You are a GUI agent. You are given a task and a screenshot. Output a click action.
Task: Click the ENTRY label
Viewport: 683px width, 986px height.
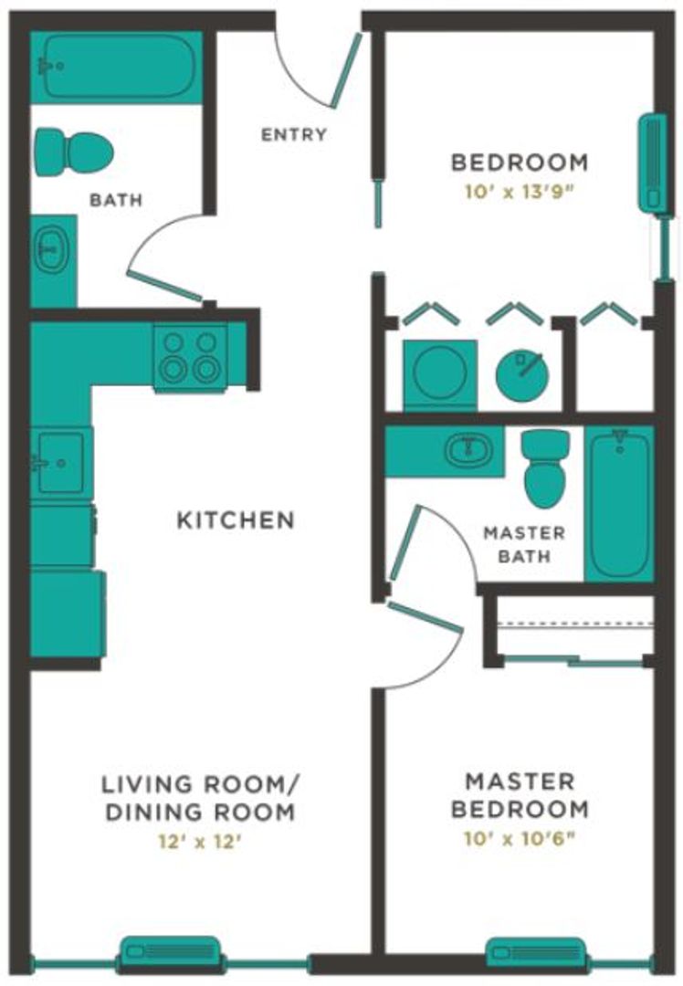point(293,135)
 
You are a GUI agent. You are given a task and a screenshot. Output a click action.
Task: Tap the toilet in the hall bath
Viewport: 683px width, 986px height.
point(73,151)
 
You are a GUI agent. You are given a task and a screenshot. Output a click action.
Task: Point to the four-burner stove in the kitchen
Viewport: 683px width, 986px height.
point(190,357)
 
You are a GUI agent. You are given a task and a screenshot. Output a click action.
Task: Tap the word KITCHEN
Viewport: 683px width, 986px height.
point(236,520)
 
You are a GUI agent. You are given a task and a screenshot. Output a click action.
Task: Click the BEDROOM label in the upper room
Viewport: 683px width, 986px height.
point(520,163)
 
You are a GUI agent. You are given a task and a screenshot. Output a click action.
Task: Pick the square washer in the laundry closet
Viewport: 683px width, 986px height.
point(440,373)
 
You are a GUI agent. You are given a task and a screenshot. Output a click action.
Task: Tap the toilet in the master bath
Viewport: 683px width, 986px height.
point(545,467)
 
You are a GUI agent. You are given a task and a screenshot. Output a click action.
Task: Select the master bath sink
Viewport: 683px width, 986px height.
point(468,450)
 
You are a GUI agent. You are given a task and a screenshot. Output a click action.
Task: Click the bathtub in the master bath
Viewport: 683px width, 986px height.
point(619,504)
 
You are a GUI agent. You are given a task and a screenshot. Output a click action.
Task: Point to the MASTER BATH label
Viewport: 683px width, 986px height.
point(523,543)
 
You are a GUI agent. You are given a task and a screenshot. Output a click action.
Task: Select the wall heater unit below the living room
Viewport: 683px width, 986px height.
point(171,955)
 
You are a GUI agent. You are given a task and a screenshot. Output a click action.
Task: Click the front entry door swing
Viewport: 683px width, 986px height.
point(320,73)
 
